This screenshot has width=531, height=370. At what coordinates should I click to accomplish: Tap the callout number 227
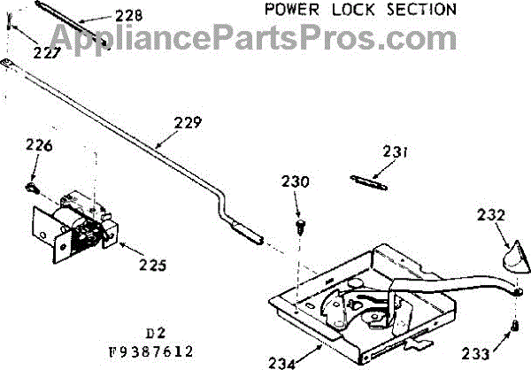click(x=48, y=52)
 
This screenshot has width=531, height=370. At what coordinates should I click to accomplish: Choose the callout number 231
click(x=396, y=151)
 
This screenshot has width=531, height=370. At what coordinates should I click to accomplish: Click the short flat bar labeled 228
click(x=76, y=33)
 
